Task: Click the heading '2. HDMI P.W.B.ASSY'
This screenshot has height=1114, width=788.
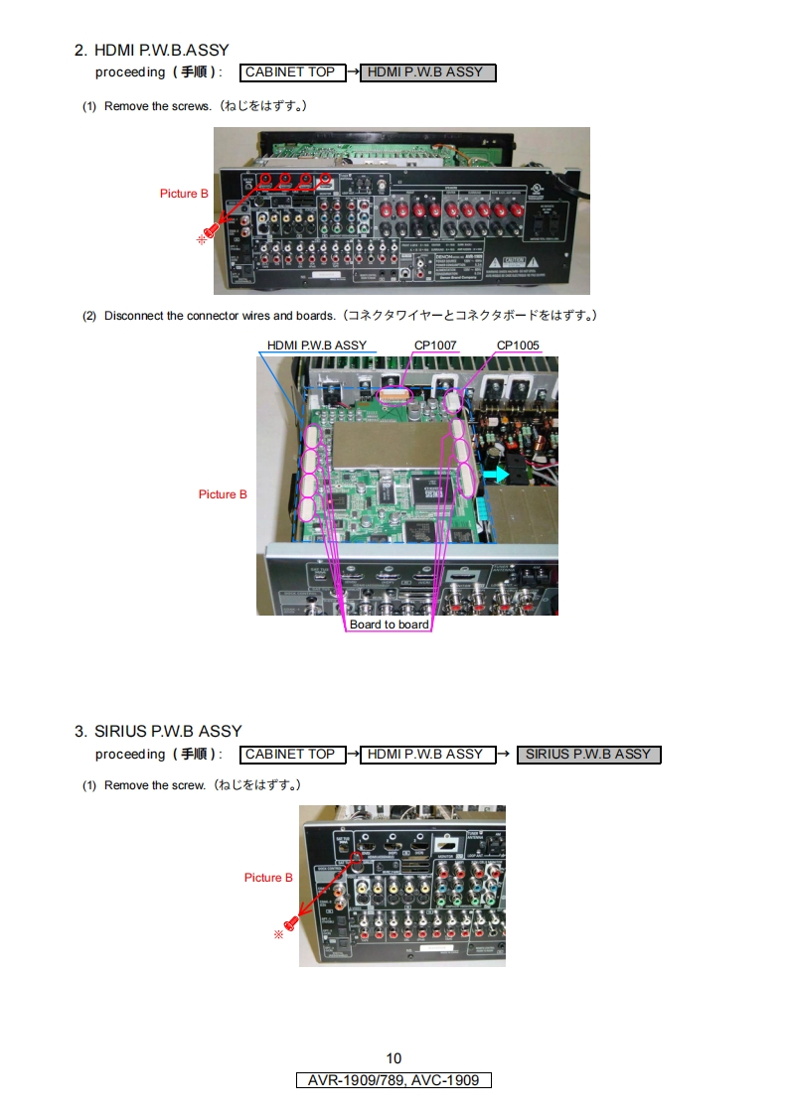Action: click(x=151, y=50)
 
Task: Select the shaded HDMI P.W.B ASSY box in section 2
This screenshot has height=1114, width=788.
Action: click(x=427, y=72)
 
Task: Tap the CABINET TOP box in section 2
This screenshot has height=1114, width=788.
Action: click(x=290, y=72)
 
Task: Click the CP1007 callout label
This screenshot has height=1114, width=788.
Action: click(x=435, y=346)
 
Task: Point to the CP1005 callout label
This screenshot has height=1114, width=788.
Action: click(x=518, y=346)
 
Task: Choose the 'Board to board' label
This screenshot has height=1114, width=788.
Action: click(x=390, y=625)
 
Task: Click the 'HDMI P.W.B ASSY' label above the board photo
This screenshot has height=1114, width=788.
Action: click(x=317, y=346)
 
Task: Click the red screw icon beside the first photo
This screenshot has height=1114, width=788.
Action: click(x=212, y=233)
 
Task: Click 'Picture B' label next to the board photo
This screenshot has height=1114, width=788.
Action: click(x=223, y=494)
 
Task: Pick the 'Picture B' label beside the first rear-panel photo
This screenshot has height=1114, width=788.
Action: click(x=184, y=194)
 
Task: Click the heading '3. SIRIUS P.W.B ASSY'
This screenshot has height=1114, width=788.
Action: click(x=158, y=732)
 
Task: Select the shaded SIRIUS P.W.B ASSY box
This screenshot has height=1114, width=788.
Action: click(x=588, y=755)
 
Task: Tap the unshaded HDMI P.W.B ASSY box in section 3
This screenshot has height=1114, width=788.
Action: click(x=424, y=755)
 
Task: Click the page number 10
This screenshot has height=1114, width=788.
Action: click(x=394, y=1058)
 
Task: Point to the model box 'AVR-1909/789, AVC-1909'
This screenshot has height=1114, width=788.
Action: click(x=394, y=1080)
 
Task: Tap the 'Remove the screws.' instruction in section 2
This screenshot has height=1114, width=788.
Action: click(x=157, y=106)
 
